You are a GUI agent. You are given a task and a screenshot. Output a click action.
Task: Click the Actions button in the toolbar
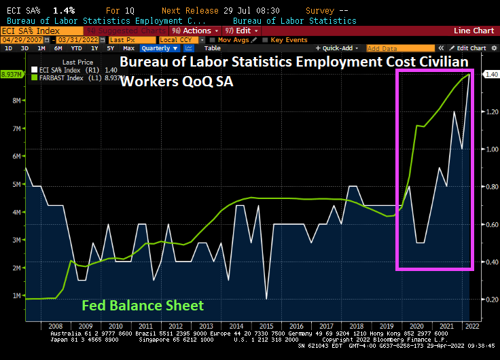coord(196,31)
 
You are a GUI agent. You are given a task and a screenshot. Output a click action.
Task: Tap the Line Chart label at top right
coord(474,31)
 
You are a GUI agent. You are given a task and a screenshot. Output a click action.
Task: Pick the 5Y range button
coord(109,48)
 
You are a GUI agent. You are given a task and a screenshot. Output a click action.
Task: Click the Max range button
coord(128,48)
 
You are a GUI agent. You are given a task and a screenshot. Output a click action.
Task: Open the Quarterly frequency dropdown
coord(160,48)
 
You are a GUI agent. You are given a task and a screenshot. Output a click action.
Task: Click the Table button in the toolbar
coord(213,48)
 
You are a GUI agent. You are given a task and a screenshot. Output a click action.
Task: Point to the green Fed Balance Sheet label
coord(143,306)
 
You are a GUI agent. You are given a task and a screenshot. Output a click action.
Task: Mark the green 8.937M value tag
coord(12,74)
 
